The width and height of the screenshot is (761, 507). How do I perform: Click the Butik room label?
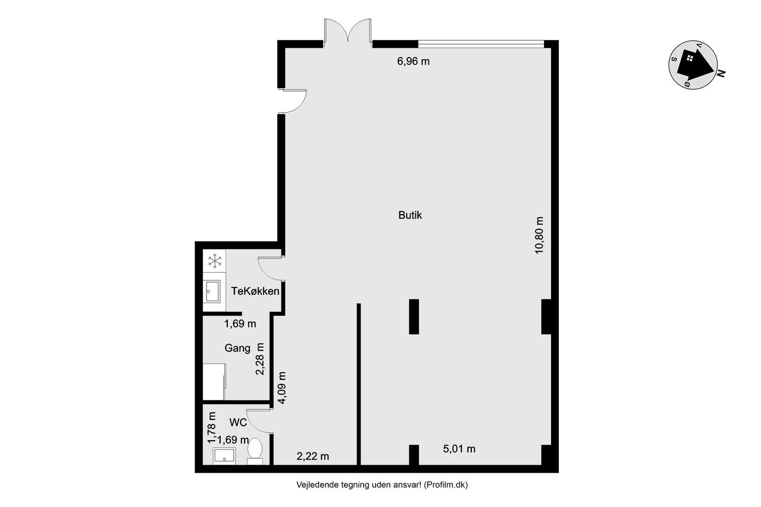[x=410, y=215]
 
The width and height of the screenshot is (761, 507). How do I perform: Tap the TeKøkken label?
[x=255, y=291]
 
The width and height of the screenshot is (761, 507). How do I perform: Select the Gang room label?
[x=238, y=348]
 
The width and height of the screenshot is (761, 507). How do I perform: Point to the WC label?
[x=238, y=422]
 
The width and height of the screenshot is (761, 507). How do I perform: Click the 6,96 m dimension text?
[x=414, y=61]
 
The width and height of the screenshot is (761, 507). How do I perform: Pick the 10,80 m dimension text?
[x=539, y=235]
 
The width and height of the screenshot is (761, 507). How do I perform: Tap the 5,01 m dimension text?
[x=459, y=449]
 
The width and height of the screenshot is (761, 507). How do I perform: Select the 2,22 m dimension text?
[x=313, y=456]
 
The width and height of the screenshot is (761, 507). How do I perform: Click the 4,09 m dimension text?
[x=282, y=387]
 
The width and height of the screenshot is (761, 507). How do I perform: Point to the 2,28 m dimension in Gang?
[x=260, y=359]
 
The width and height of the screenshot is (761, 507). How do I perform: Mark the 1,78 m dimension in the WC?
[x=212, y=428]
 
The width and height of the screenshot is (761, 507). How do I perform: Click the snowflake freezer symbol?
[x=215, y=261]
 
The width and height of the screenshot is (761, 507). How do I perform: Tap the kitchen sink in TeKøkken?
[x=213, y=291]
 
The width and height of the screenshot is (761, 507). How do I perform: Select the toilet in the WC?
[x=255, y=450]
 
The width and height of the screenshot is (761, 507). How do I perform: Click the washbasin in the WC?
[x=224, y=456]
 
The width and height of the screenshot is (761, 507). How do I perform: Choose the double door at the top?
[x=348, y=30]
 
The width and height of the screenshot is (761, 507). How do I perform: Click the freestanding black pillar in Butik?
[x=414, y=316]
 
